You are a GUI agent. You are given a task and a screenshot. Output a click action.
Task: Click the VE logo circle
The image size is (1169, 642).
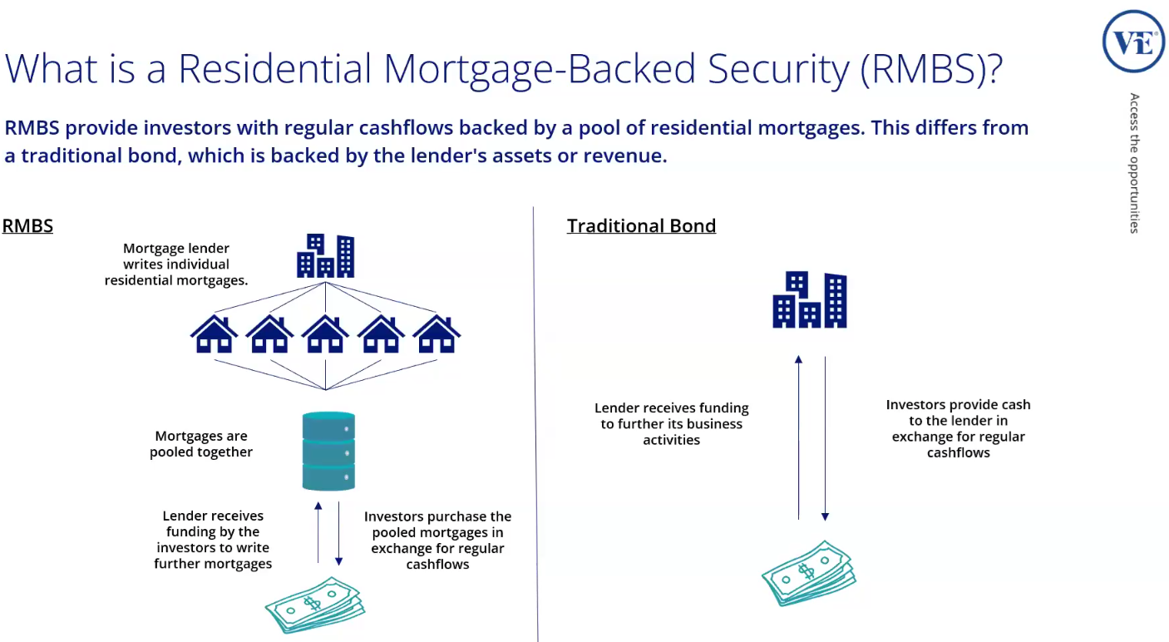pyautogui.click(x=1133, y=42)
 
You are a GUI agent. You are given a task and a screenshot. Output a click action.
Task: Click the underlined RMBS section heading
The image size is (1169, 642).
pyautogui.click(x=27, y=226)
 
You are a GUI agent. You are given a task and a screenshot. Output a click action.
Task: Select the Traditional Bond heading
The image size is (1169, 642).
pyautogui.click(x=641, y=226)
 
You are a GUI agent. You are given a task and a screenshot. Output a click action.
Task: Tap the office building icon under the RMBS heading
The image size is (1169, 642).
pyautogui.click(x=326, y=256)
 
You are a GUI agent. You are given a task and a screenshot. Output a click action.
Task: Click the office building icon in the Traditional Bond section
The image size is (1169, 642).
pyautogui.click(x=810, y=300)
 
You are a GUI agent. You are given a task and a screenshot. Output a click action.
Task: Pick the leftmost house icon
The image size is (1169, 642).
pyautogui.click(x=214, y=334)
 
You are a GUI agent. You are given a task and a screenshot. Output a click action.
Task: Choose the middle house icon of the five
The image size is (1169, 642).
pyautogui.click(x=325, y=334)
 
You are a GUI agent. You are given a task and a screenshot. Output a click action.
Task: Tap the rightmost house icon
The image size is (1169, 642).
pyautogui.click(x=437, y=334)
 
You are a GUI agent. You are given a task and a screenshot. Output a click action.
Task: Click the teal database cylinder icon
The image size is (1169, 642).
pyautogui.click(x=328, y=452)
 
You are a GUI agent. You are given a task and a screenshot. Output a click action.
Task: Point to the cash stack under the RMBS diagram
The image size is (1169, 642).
pyautogui.click(x=315, y=605)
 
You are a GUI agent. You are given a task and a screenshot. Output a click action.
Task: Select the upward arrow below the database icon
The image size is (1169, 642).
pyautogui.click(x=318, y=532)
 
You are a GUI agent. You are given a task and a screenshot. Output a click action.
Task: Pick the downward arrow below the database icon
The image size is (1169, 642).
pyautogui.click(x=338, y=532)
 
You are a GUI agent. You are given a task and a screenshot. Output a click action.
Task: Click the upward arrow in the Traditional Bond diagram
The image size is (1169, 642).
pyautogui.click(x=798, y=437)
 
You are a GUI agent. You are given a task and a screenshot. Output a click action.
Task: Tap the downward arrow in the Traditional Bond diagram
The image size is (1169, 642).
pyautogui.click(x=825, y=437)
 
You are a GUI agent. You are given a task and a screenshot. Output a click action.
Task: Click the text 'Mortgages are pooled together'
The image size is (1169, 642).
pyautogui.click(x=201, y=444)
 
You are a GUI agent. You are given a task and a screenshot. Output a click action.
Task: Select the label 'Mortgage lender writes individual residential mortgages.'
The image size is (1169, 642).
pyautogui.click(x=176, y=264)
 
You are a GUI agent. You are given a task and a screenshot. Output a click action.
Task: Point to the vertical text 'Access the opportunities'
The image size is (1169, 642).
pyautogui.click(x=1135, y=163)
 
